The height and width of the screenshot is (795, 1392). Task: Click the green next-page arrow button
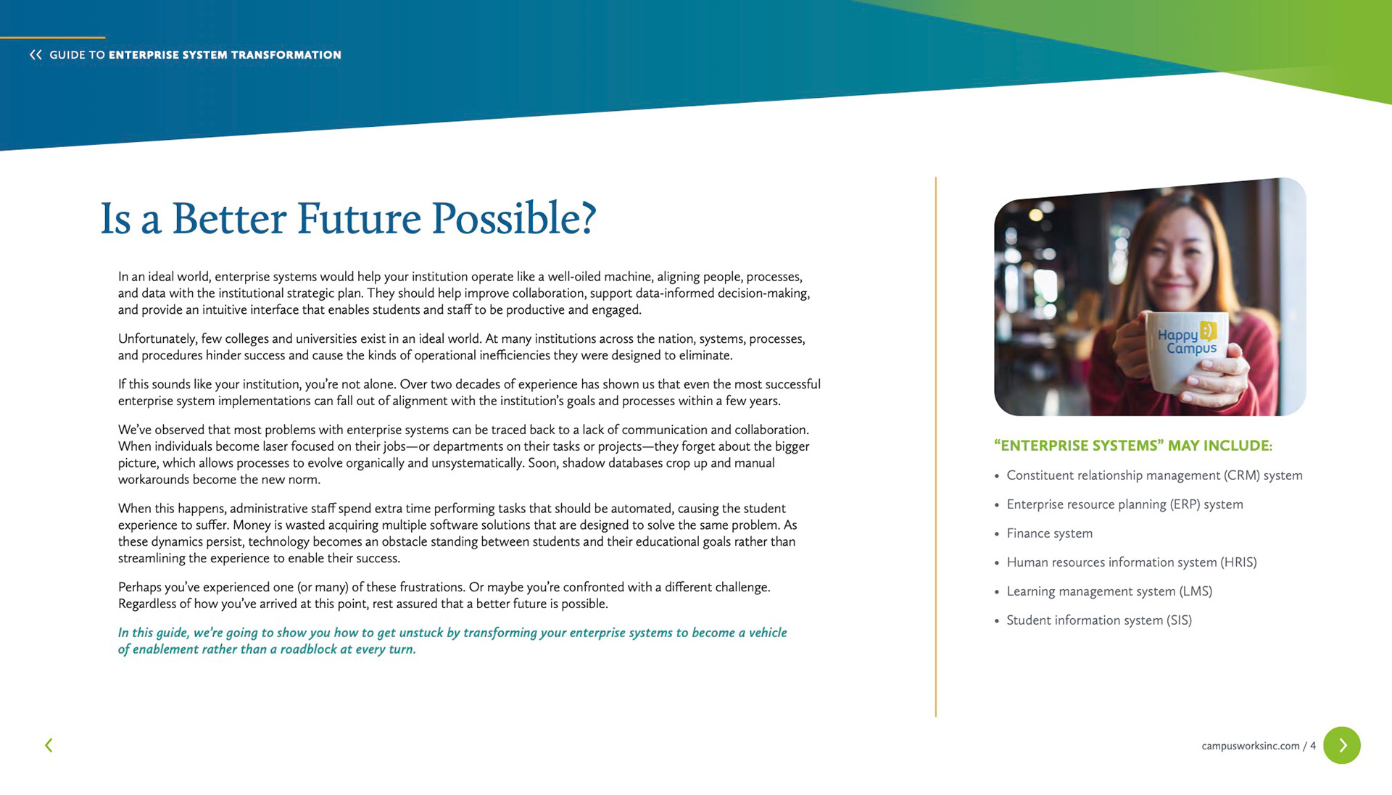pos(1341,745)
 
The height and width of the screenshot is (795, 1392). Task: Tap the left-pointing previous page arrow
pos(49,745)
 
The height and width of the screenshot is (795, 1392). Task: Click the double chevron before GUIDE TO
pos(36,54)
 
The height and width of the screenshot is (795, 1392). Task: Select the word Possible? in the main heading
pos(513,218)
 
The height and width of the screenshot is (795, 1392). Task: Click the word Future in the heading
pos(358,218)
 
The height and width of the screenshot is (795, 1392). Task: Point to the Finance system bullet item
pos(1049,533)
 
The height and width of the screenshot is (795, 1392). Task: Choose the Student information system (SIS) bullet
pos(1099,620)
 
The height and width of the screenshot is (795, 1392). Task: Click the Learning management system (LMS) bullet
pos(1109,591)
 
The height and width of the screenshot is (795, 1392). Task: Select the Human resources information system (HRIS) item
pos(1132,562)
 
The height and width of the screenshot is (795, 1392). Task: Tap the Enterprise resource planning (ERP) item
pos(1124,504)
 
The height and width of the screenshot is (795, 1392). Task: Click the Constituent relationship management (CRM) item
pos(1154,475)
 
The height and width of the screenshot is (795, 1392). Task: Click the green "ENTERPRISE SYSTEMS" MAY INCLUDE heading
pos(1133,446)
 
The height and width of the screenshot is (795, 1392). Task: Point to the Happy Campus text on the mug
pos(1187,341)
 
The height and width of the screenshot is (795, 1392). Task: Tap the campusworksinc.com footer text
pos(1251,746)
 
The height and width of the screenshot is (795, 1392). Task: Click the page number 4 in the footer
pos(1313,746)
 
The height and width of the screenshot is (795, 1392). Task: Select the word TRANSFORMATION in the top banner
pos(287,55)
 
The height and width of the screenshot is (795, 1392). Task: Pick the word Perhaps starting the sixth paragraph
pos(140,587)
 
